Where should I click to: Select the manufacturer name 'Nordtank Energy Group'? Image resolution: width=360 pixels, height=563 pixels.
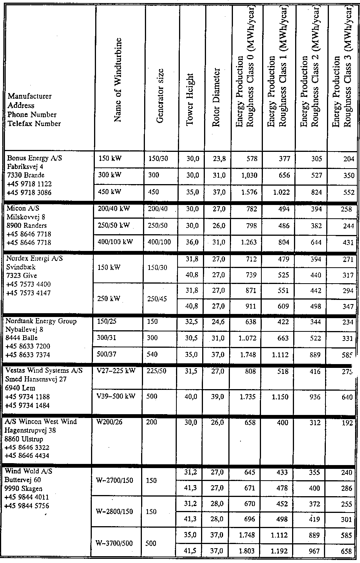41,321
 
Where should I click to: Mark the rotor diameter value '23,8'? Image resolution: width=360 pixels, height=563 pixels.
219,159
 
